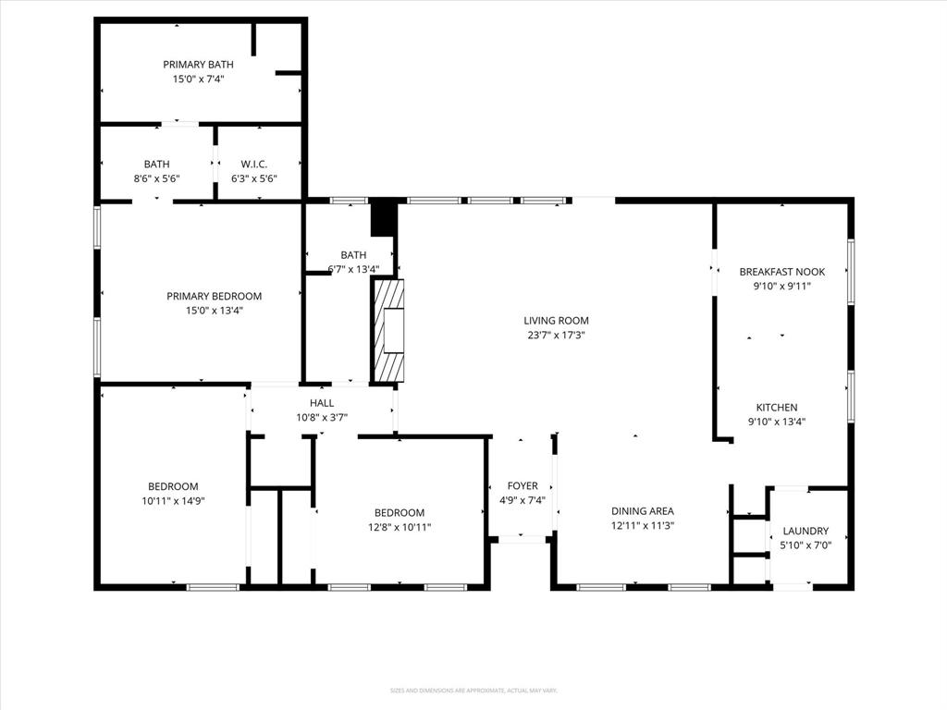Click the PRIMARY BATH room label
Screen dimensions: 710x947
(198, 65)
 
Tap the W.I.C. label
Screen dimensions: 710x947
(253, 164)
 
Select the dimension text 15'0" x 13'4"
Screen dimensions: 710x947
(214, 311)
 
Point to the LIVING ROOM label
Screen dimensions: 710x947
(556, 321)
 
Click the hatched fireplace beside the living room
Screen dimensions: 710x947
(388, 330)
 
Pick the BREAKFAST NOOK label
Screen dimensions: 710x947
(781, 272)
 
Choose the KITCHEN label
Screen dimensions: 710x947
(777, 408)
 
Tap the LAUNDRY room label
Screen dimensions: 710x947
(806, 531)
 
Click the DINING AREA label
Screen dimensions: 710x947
(642, 511)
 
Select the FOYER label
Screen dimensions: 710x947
(523, 485)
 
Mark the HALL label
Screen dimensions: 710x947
(322, 402)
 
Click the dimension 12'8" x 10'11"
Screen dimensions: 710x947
(399, 527)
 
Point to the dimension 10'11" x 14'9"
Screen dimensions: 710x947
(173, 501)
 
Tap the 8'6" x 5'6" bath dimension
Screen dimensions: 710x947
(156, 178)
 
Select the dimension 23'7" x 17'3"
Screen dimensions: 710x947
(556, 336)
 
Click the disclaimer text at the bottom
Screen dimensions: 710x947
(473, 691)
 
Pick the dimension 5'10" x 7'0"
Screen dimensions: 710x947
(806, 545)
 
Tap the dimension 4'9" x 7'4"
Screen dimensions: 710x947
(523, 500)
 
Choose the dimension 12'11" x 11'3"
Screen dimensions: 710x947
(642, 526)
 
